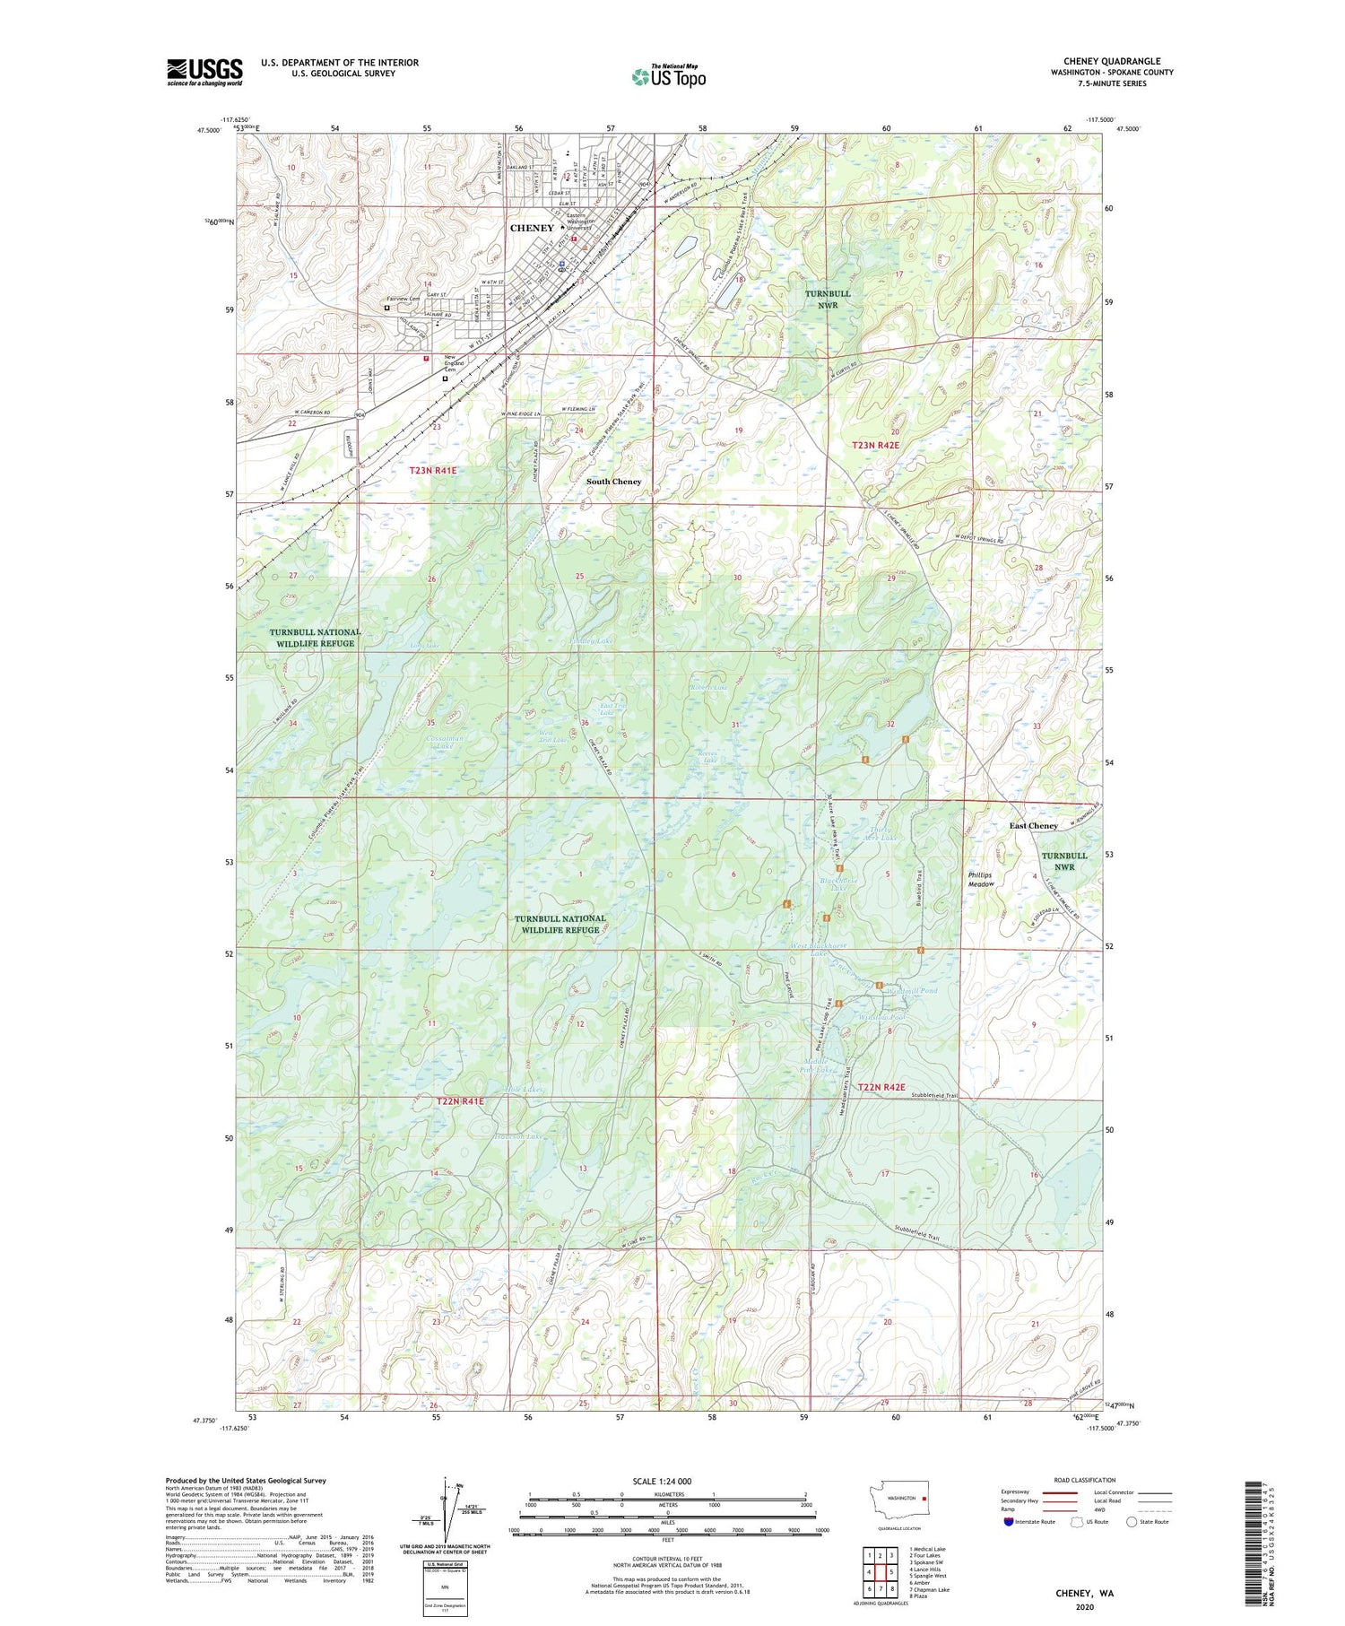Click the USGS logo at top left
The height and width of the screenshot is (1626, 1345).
tap(204, 72)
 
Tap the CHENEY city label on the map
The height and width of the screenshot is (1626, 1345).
tap(532, 228)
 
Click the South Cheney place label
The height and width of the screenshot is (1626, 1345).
tap(613, 482)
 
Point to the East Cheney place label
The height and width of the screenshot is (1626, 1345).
tap(1033, 825)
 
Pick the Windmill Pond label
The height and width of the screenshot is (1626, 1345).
tap(911, 990)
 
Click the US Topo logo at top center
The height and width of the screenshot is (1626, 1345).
tap(668, 76)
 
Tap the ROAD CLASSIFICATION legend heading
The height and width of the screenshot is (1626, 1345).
tap(1085, 1480)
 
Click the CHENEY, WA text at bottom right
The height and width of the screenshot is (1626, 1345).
tap(1083, 1594)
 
